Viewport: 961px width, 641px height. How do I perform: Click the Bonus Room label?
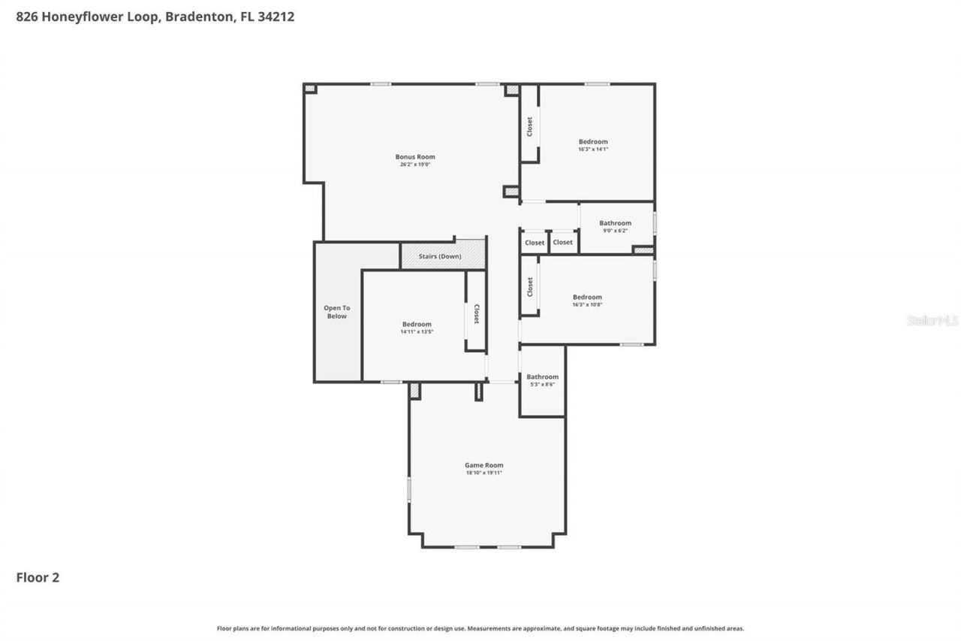[x=415, y=157]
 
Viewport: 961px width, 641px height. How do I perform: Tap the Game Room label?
[x=484, y=465]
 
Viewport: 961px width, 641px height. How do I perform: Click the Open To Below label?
[x=336, y=312]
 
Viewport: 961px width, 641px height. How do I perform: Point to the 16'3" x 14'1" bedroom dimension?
[x=592, y=150]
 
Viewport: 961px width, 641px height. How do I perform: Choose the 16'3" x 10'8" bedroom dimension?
[x=586, y=305]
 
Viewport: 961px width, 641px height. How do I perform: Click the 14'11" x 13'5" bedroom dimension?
[x=417, y=332]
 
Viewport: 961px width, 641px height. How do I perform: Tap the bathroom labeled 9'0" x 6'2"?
[x=616, y=226]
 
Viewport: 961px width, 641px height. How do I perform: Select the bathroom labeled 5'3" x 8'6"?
[x=542, y=380]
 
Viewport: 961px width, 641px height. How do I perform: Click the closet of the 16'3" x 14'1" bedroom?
[x=529, y=125]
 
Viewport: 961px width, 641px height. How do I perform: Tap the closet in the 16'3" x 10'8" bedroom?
[x=529, y=286]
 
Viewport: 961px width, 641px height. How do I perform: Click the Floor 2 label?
[x=38, y=578]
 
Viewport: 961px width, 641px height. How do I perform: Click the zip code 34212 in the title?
[x=275, y=17]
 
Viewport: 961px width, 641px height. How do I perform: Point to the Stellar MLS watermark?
[x=932, y=321]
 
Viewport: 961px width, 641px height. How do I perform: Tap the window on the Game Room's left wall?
[x=409, y=488]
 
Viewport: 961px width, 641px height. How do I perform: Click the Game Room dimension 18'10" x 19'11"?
[x=484, y=473]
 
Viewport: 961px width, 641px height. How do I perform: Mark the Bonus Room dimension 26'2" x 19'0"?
[x=415, y=165]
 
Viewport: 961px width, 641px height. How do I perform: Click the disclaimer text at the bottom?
[x=480, y=628]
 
